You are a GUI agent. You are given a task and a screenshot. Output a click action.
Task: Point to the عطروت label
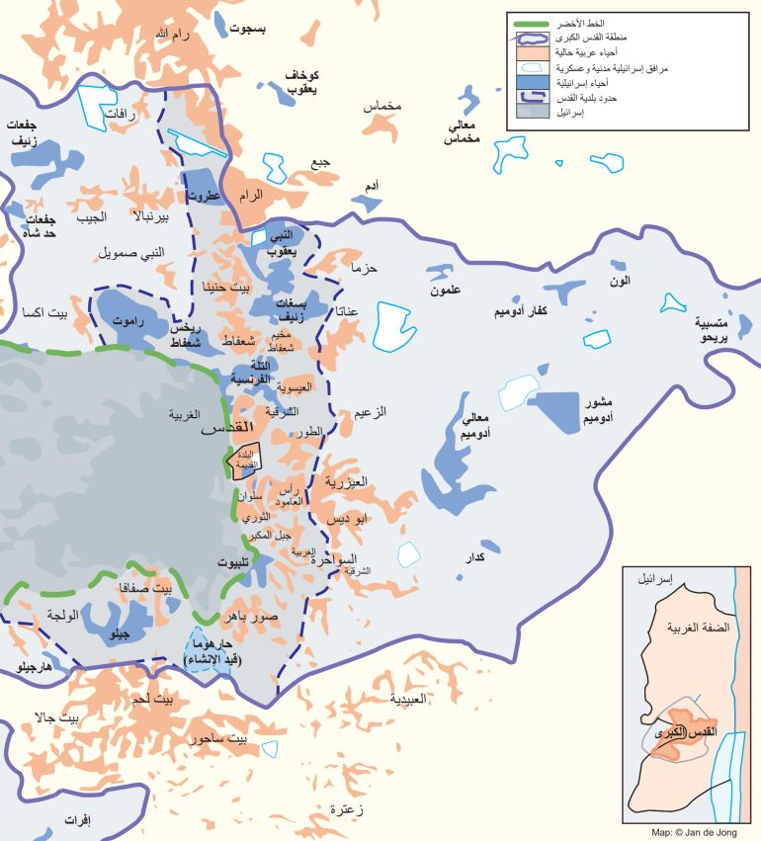[x=203, y=196]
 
